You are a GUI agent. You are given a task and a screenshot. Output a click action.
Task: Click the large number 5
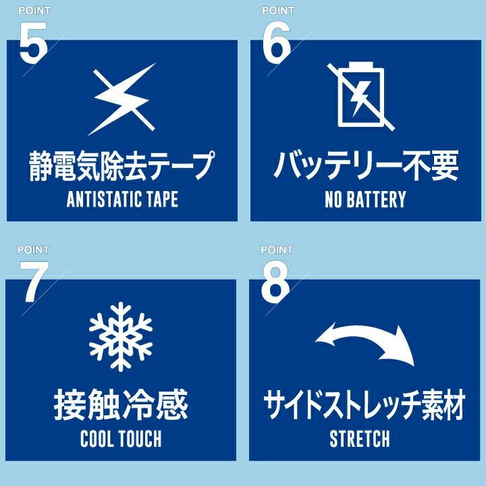coord(33,43)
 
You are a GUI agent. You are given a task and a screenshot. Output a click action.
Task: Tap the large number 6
coord(277,43)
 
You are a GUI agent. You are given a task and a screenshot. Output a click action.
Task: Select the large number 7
coord(34,281)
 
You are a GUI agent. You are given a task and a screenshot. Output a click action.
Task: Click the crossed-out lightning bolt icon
coord(122,99)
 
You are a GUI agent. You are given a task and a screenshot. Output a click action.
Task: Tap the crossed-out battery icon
coord(361,96)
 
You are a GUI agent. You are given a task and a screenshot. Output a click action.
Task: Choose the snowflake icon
coord(121,337)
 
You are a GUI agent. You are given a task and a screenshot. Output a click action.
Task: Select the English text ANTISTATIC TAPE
coord(122,199)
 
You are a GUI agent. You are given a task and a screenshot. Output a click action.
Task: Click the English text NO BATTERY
coord(365,199)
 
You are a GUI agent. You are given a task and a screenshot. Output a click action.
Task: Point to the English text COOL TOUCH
coord(121,439)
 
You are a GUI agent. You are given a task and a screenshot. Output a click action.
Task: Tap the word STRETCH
coord(360,439)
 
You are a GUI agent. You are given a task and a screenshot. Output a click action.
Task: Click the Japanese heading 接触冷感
coord(121,404)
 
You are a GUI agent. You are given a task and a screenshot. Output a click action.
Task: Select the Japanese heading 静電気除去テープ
coord(122,165)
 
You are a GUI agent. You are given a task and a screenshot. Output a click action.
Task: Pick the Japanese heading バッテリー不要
coord(366,165)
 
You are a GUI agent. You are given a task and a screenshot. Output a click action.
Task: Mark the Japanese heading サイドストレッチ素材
coord(364,404)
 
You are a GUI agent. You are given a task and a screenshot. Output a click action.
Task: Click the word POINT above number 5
coord(34,11)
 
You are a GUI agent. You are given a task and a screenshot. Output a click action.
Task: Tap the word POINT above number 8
coord(277,250)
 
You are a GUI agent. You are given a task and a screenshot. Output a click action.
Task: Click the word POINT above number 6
coord(278,11)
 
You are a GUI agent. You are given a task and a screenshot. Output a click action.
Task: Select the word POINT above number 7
coord(33,250)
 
